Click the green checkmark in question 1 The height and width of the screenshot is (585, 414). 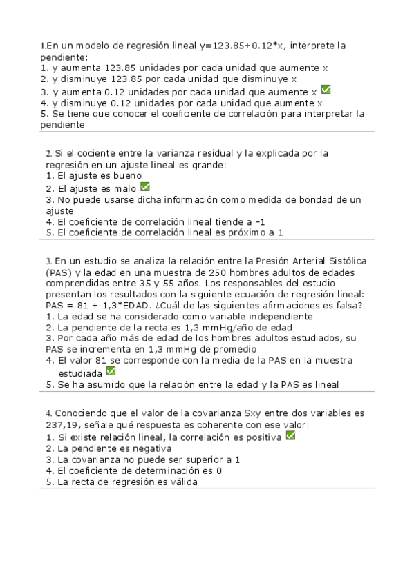(x=326, y=90)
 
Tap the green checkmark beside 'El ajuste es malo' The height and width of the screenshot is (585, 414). (x=144, y=186)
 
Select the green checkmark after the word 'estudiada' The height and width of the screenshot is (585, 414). (x=111, y=371)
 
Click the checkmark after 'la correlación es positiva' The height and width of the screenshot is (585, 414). (x=290, y=436)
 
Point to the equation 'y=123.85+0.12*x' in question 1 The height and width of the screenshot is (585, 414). (x=241, y=46)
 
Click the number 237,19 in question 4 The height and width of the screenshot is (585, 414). (x=59, y=425)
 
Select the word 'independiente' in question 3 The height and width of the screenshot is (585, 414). (x=261, y=317)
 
